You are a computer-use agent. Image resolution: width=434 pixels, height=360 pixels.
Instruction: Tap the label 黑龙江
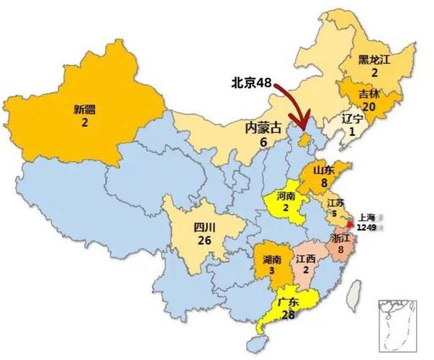(x=374, y=60)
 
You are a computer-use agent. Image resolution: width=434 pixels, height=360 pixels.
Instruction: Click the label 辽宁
(x=353, y=119)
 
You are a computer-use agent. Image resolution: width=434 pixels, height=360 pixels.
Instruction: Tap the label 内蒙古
(x=263, y=129)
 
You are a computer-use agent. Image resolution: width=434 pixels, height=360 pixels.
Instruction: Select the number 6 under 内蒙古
(x=263, y=143)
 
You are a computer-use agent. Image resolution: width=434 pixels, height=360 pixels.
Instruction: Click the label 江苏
(x=335, y=203)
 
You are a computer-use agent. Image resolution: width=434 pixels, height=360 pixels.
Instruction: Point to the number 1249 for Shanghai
(x=367, y=228)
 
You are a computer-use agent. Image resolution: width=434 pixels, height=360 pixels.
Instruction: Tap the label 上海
(x=366, y=217)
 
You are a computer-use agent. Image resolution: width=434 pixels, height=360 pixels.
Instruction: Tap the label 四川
(x=204, y=227)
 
